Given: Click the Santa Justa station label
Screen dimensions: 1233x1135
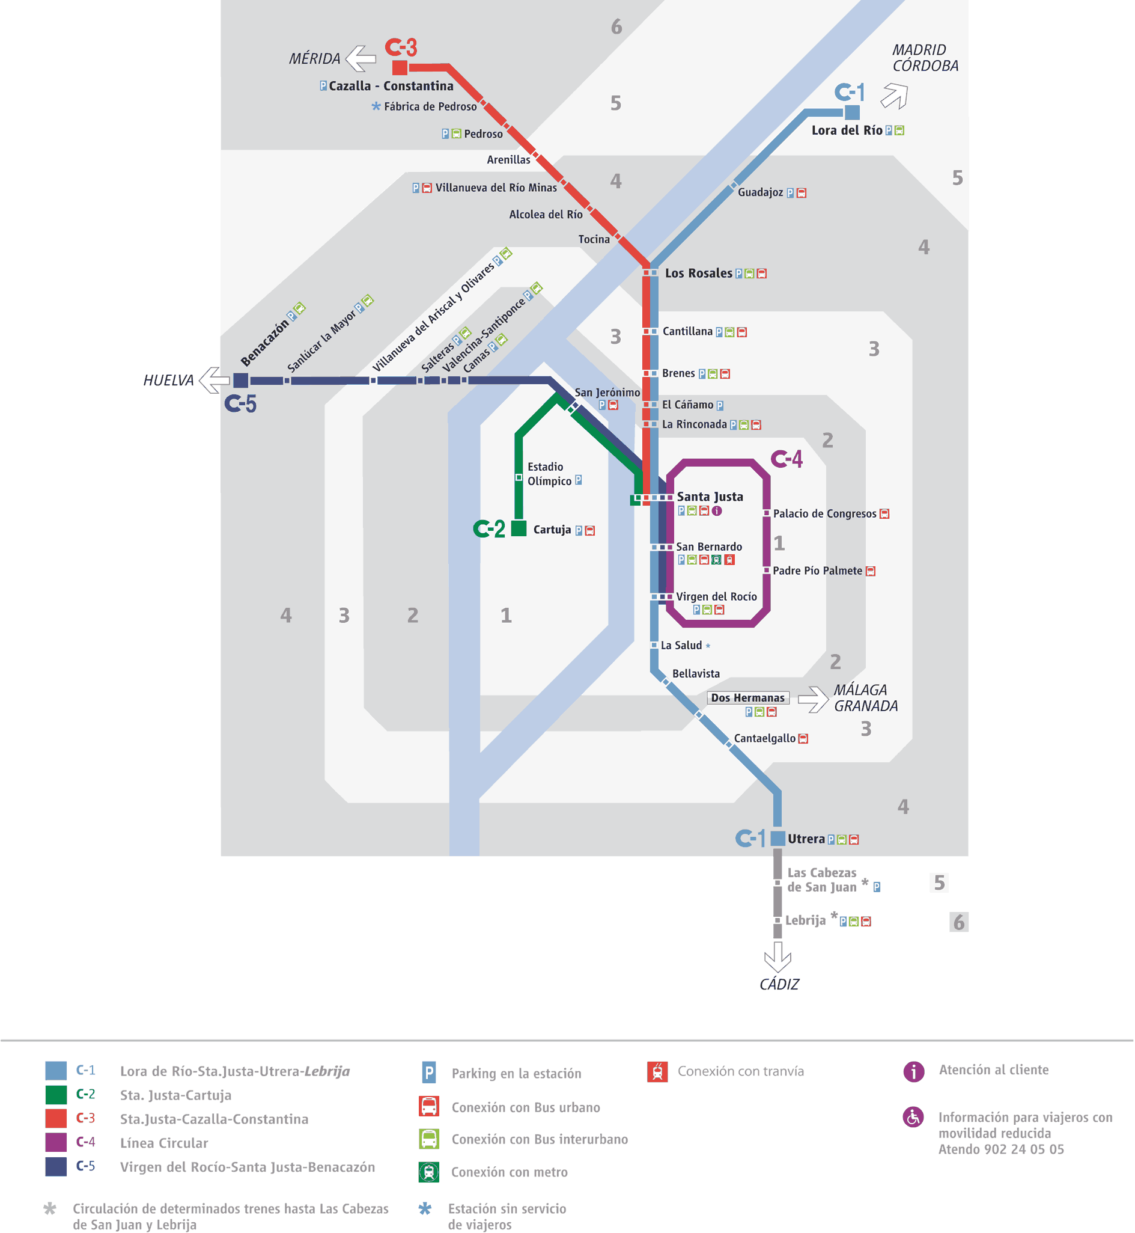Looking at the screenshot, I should click(710, 497).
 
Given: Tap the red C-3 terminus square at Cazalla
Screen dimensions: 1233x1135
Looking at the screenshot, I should click(400, 67).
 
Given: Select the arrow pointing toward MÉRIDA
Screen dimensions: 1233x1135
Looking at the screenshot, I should click(361, 58).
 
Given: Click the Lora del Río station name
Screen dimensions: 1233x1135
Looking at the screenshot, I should click(847, 130).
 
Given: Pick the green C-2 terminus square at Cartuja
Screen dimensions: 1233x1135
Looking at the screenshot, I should click(519, 528).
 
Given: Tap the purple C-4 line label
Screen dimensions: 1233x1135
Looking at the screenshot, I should click(787, 459).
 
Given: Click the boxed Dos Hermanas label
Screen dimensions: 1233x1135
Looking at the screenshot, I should click(747, 698).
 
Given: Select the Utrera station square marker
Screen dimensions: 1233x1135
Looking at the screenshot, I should click(777, 838).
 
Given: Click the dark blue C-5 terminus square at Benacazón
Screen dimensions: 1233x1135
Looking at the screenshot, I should click(241, 381).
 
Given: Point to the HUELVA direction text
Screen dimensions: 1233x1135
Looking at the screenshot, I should click(168, 381).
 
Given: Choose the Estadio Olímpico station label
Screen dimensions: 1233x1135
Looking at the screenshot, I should click(549, 474).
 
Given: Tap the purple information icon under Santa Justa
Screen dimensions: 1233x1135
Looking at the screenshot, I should click(717, 511).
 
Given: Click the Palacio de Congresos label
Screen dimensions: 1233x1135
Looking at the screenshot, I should click(824, 513).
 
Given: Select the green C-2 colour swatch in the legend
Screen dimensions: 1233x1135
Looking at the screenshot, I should click(56, 1095).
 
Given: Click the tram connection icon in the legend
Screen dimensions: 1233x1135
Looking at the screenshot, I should click(657, 1071).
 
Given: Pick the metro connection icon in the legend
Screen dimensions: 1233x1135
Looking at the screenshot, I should click(428, 1172).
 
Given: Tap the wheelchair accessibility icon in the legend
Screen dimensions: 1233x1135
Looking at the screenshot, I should click(913, 1117).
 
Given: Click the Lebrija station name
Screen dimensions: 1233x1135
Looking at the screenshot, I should click(805, 920).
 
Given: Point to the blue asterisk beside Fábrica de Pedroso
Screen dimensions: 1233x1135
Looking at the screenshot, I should click(376, 106).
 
